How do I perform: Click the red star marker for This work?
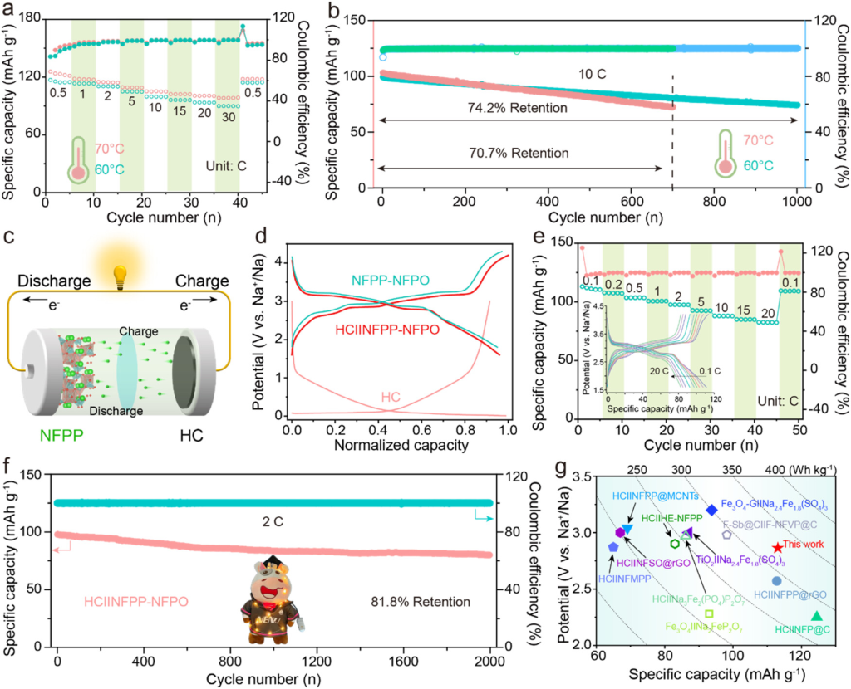777,548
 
